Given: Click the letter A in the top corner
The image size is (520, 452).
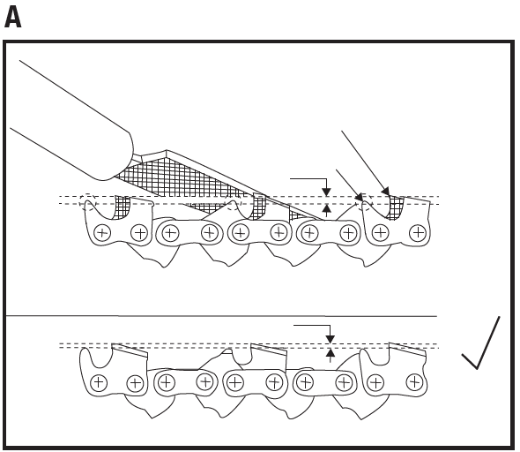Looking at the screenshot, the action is click(x=12, y=18).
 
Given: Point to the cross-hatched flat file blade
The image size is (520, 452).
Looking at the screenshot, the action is click(x=186, y=181).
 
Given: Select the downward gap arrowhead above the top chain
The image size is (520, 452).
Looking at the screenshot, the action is click(x=327, y=192).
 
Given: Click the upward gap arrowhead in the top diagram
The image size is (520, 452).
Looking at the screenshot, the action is click(x=327, y=207).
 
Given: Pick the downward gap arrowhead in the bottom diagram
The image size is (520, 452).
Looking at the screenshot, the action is click(x=330, y=339).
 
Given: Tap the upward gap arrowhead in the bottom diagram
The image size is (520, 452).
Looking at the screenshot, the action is click(x=330, y=352).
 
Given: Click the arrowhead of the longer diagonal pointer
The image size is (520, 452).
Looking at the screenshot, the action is click(x=386, y=192).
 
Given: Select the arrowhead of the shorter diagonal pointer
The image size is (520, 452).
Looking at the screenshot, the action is click(x=360, y=198).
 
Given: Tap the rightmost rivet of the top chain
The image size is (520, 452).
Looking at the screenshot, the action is click(x=418, y=233).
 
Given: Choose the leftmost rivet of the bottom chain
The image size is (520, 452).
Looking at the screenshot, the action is click(x=98, y=382).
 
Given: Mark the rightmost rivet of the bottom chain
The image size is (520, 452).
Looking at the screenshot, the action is click(x=413, y=382).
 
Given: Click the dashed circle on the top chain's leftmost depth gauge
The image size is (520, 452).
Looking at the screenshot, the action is click(x=87, y=201).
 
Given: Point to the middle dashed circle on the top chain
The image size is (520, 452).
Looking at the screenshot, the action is click(x=234, y=202).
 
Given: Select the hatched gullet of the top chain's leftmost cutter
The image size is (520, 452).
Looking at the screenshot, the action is click(x=121, y=207).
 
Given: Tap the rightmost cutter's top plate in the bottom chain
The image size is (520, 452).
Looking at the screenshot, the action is click(x=407, y=349).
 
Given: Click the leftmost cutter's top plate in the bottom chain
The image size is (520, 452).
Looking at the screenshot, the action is click(x=130, y=350).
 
